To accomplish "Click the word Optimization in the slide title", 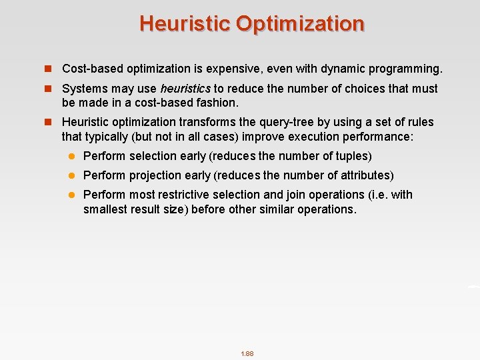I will pos(300,24).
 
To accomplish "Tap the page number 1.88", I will pos(247,353).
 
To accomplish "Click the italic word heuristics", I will pos(185,89).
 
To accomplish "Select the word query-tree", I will pos(267,122).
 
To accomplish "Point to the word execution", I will pos(317,136).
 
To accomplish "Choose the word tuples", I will pos(353,156).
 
